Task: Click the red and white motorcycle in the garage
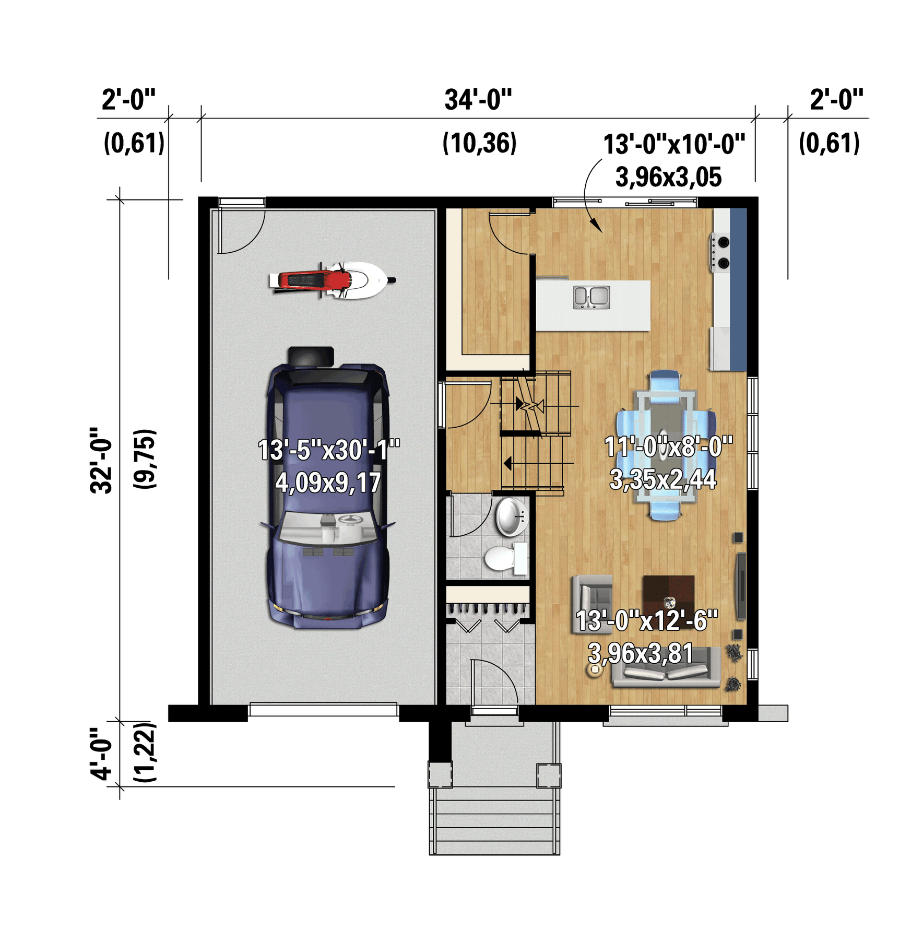click(x=332, y=280)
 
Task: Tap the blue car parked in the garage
click(x=328, y=488)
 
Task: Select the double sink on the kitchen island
click(x=591, y=297)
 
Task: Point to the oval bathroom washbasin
click(x=511, y=517)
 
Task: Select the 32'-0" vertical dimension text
click(x=101, y=460)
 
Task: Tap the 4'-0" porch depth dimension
click(x=101, y=754)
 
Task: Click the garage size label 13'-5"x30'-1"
click(x=329, y=450)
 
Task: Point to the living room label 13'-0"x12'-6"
click(x=647, y=620)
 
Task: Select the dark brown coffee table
click(x=668, y=596)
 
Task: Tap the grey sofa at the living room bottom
click(x=666, y=668)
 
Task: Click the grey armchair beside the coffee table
click(x=592, y=604)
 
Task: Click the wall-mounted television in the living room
click(x=740, y=586)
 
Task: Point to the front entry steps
click(x=494, y=820)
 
